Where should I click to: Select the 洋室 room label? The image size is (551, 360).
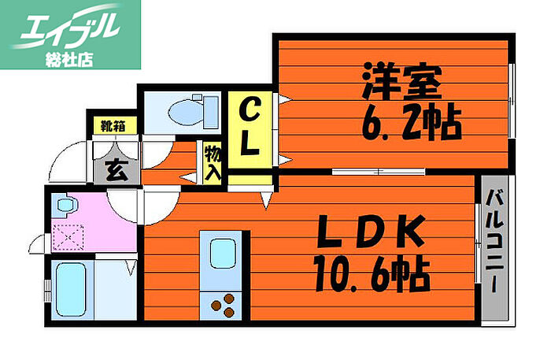click(401, 80)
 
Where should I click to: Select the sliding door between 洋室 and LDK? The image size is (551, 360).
click(377, 171)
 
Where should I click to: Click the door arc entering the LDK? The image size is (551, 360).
click(124, 206)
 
